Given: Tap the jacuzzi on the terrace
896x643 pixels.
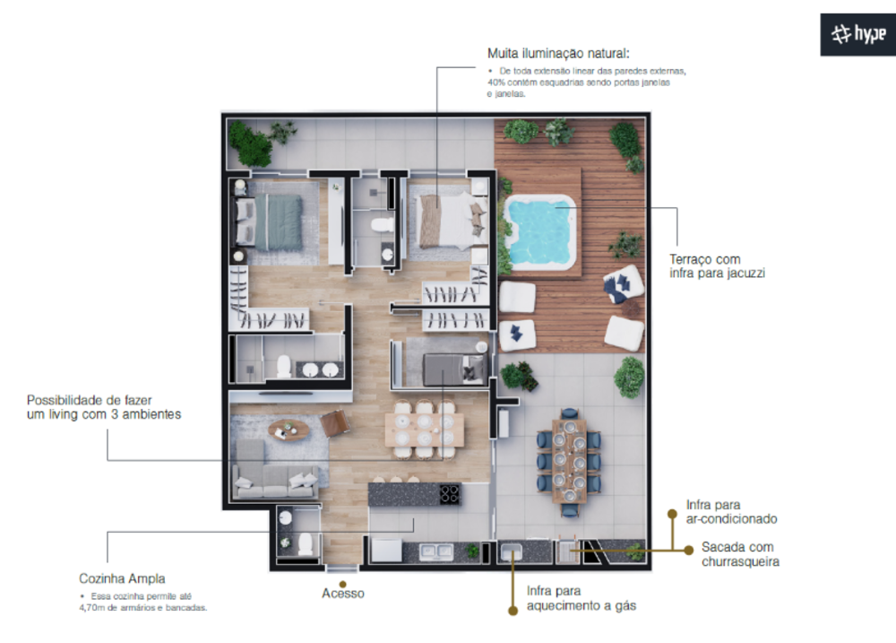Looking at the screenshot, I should (539, 230).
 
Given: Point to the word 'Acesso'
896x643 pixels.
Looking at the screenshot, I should (343, 593).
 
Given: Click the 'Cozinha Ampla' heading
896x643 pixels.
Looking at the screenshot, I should (121, 578).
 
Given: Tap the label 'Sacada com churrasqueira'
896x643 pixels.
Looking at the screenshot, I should (740, 554).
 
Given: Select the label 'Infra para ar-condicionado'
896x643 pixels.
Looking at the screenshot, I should (731, 511).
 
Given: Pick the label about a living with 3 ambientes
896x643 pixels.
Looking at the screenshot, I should (104, 407).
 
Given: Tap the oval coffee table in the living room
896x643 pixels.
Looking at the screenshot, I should (288, 430).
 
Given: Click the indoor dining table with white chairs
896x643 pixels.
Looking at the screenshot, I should (424, 430).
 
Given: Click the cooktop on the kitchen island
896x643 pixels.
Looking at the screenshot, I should (449, 493).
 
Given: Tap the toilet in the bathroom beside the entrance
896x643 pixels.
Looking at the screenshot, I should (304, 543).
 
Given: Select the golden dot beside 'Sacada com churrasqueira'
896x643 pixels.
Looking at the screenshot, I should (688, 549).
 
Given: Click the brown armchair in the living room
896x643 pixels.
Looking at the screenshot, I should (335, 421).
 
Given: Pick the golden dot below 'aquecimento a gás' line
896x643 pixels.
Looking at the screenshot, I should (512, 611).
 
